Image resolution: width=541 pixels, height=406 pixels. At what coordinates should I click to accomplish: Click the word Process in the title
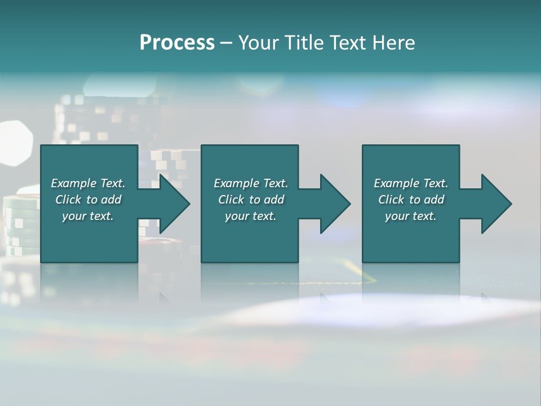tap(177, 43)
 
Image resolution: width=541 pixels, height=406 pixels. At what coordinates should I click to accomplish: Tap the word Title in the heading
tap(303, 43)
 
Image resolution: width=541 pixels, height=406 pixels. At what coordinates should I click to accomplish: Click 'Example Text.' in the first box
tap(88, 183)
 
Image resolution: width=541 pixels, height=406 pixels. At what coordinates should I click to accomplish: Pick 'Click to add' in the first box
tap(88, 200)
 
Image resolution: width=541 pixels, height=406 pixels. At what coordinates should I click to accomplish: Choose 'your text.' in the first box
tap(88, 216)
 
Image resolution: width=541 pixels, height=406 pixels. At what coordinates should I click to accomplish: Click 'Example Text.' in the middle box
tap(250, 183)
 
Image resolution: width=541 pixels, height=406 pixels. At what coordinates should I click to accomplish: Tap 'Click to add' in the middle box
tap(250, 200)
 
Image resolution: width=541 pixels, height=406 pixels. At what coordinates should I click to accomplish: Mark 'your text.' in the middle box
tap(250, 216)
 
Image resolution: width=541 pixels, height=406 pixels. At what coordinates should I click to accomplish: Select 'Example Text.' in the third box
tap(411, 183)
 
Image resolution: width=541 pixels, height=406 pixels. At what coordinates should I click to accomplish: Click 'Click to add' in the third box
tap(411, 200)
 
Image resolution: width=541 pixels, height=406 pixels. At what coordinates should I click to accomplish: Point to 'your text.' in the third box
tap(411, 216)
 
